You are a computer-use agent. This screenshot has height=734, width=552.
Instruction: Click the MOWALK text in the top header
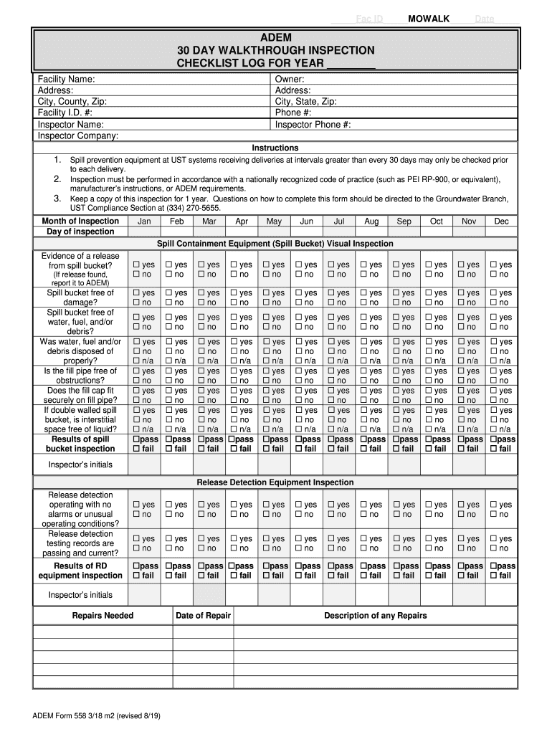click(x=429, y=19)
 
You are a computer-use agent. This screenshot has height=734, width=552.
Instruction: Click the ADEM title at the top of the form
click(x=275, y=37)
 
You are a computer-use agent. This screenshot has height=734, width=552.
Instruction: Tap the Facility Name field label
click(x=67, y=79)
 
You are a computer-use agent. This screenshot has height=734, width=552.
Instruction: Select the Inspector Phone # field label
click(x=313, y=124)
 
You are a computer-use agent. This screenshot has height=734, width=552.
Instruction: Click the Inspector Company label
click(x=78, y=135)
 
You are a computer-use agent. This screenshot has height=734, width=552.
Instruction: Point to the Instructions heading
click(x=275, y=148)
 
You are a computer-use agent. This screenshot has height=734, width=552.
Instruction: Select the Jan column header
click(x=144, y=221)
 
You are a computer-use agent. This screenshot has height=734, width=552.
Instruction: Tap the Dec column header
click(x=501, y=221)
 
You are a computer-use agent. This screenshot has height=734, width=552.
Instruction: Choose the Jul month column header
click(x=339, y=221)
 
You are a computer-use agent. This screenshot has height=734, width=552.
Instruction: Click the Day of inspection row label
click(x=80, y=232)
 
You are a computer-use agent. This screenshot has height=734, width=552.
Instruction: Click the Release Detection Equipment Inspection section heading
click(x=275, y=482)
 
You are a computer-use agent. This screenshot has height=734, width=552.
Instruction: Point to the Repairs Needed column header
click(x=103, y=616)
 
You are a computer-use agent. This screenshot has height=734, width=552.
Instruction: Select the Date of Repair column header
click(x=204, y=616)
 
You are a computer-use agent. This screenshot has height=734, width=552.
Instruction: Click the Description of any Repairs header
click(x=375, y=616)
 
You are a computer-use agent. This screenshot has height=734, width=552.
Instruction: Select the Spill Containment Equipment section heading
click(x=275, y=244)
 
